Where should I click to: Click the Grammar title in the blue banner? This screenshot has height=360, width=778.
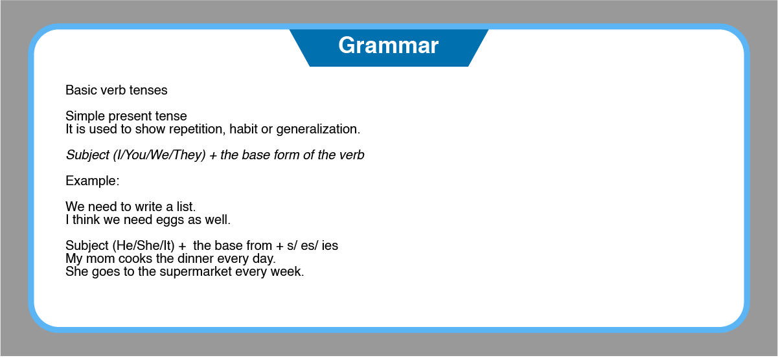[x=388, y=46]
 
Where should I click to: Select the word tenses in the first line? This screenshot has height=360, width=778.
[x=148, y=90]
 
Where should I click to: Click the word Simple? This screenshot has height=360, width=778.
[x=86, y=117]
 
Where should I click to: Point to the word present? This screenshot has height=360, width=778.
[x=130, y=117]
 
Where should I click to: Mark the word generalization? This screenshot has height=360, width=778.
[x=318, y=129]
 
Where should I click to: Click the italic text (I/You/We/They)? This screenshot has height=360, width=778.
[x=159, y=155]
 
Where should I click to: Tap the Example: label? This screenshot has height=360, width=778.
[x=93, y=181]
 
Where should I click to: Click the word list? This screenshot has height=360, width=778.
[x=186, y=207]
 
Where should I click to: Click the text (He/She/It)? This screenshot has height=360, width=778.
[x=143, y=246]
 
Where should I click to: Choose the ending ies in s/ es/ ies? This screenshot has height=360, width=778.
[x=330, y=245]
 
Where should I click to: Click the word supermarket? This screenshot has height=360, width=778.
[x=196, y=272]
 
